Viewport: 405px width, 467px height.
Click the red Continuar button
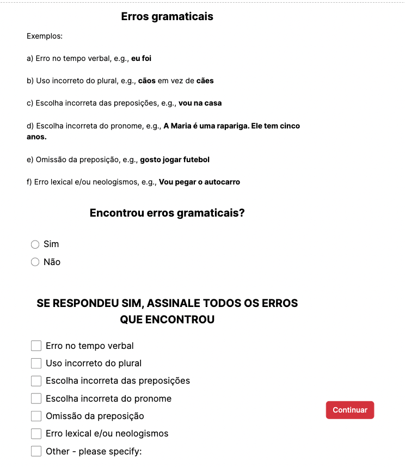(350, 410)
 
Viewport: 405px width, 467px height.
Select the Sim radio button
(35, 244)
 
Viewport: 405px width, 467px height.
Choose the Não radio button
(35, 262)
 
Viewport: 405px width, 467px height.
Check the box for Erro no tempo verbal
(36, 346)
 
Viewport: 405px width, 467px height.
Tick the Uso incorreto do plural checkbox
(36, 363)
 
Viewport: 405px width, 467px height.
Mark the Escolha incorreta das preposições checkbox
(36, 380)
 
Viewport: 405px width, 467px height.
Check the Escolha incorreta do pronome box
(36, 398)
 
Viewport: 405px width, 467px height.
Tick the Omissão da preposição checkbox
(36, 416)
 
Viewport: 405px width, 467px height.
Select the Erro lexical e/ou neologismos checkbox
(36, 433)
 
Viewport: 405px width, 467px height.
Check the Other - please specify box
(36, 451)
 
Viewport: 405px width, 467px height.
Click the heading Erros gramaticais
(167, 16)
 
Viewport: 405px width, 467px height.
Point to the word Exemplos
(45, 36)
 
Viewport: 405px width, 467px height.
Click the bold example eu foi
(142, 58)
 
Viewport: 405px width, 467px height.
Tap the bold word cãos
(147, 81)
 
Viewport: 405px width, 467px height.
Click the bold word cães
(205, 81)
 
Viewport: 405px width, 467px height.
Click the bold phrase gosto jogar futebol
(175, 159)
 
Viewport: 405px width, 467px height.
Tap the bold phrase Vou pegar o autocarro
(199, 182)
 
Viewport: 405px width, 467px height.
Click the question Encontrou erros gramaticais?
(167, 213)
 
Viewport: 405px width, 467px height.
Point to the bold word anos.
(36, 137)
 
